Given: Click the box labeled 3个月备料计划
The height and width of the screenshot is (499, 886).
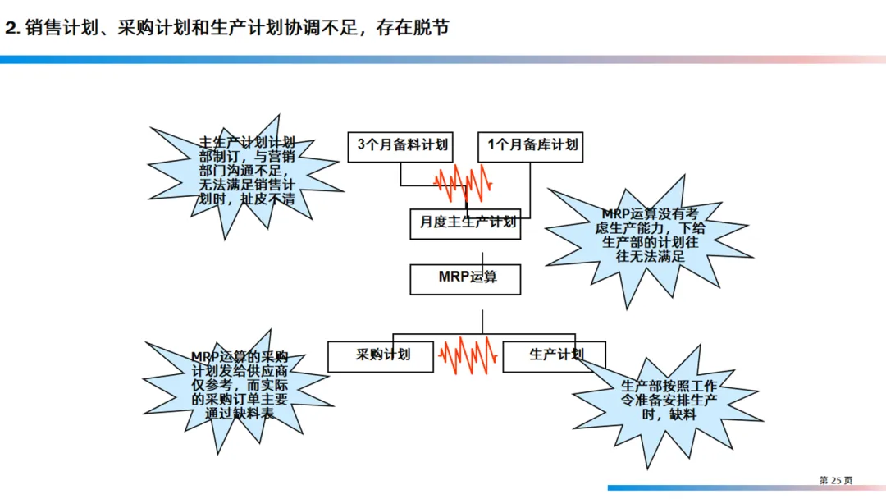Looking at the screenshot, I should [402, 146].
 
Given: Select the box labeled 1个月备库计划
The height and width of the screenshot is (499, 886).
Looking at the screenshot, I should [532, 146].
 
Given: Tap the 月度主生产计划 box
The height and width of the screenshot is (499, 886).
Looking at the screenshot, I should [466, 222].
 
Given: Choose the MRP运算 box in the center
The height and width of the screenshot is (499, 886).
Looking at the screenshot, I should [466, 278].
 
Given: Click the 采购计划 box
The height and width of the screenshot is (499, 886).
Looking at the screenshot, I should [381, 356].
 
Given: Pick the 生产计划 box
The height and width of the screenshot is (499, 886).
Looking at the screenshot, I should [554, 356].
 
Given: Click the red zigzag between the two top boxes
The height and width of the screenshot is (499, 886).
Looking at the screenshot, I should [464, 182].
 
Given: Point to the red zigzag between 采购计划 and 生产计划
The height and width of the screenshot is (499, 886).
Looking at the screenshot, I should [468, 355].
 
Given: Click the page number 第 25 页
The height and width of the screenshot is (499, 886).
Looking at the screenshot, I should [836, 480].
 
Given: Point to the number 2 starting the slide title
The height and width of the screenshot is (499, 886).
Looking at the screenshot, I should [11, 28].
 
